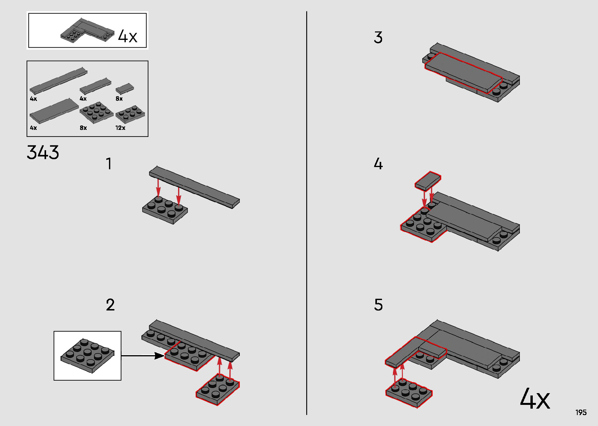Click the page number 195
pyautogui.click(x=581, y=412)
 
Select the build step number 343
pyautogui.click(x=43, y=153)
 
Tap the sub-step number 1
pyautogui.click(x=109, y=164)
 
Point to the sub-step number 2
pyautogui.click(x=110, y=305)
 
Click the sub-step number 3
pyautogui.click(x=378, y=38)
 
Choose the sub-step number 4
pyautogui.click(x=378, y=164)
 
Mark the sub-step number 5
pyautogui.click(x=378, y=305)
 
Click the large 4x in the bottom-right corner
pyautogui.click(x=535, y=399)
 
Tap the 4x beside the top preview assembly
pyautogui.click(x=128, y=36)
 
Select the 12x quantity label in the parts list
pyautogui.click(x=120, y=128)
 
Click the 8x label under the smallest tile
pyautogui.click(x=119, y=99)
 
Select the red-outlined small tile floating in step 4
pyautogui.click(x=428, y=181)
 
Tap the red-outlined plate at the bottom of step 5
pyautogui.click(x=409, y=392)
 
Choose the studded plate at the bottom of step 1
pyautogui.click(x=165, y=210)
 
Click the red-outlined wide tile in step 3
pyautogui.click(x=463, y=72)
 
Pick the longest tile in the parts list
pyautogui.click(x=59, y=80)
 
